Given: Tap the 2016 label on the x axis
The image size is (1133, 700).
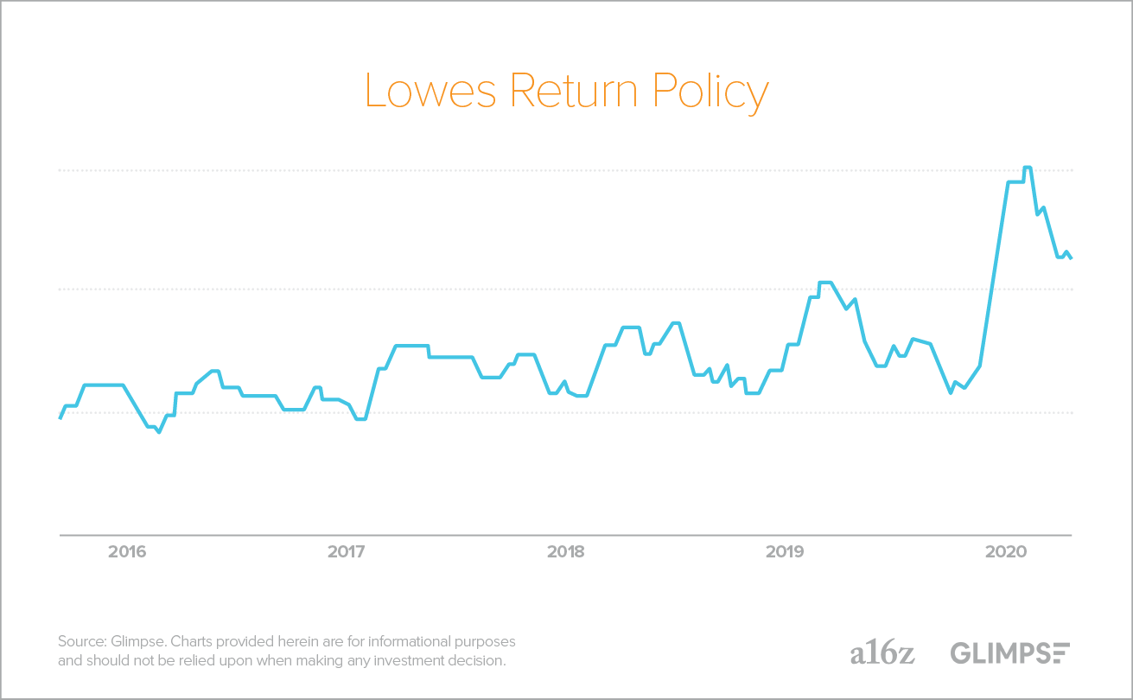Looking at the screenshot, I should click(x=127, y=551).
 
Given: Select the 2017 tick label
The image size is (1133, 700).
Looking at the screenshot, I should click(x=347, y=551).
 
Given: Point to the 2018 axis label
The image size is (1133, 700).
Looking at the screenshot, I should click(x=566, y=551).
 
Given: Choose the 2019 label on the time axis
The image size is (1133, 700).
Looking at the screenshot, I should click(x=786, y=551).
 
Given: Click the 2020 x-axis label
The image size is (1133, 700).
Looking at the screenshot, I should click(x=1005, y=551).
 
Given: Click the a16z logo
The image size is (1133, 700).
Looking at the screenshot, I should click(x=882, y=652).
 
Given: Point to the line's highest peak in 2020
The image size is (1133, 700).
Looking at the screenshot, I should click(x=1027, y=168).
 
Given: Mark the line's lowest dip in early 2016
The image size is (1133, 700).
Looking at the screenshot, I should click(x=158, y=432).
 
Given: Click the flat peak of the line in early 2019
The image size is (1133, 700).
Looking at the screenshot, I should click(x=824, y=283).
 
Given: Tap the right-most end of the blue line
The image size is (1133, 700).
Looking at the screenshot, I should click(x=1071, y=258).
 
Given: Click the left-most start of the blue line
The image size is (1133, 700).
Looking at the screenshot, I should click(x=60, y=418).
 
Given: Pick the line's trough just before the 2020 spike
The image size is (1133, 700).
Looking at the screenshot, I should click(x=951, y=392).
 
